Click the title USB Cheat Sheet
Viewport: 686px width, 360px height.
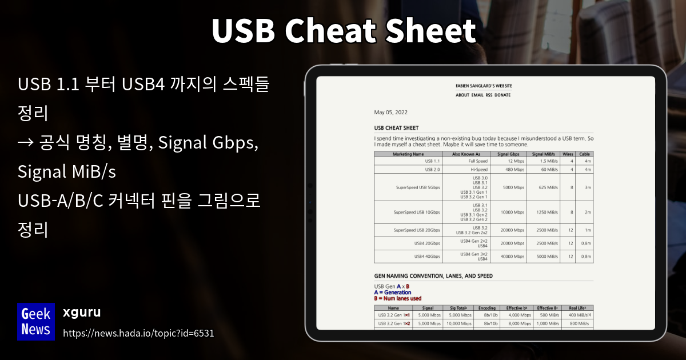coord(343,31)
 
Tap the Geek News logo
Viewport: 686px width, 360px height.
coord(36,321)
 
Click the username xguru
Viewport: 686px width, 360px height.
coord(82,313)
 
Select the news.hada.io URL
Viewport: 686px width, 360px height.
coord(138,333)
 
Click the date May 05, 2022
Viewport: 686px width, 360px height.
coord(390,112)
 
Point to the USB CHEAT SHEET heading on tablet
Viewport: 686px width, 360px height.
coord(396,128)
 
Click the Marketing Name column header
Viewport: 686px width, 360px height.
coord(408,154)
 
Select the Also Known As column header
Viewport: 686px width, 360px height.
coord(466,154)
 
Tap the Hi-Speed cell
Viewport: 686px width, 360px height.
coord(479,169)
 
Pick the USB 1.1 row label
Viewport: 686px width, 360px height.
coord(432,161)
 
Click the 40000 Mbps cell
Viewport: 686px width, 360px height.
coord(513,257)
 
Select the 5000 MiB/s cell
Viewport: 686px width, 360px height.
coord(547,257)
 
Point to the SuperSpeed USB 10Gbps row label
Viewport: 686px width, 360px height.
coord(417,212)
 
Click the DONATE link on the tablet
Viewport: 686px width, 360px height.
coord(502,95)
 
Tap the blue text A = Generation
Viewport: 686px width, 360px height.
coord(392,292)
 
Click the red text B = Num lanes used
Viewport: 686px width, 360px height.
coord(397,298)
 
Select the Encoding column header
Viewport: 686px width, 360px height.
coord(486,308)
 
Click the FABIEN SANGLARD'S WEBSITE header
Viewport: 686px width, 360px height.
coord(484,86)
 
